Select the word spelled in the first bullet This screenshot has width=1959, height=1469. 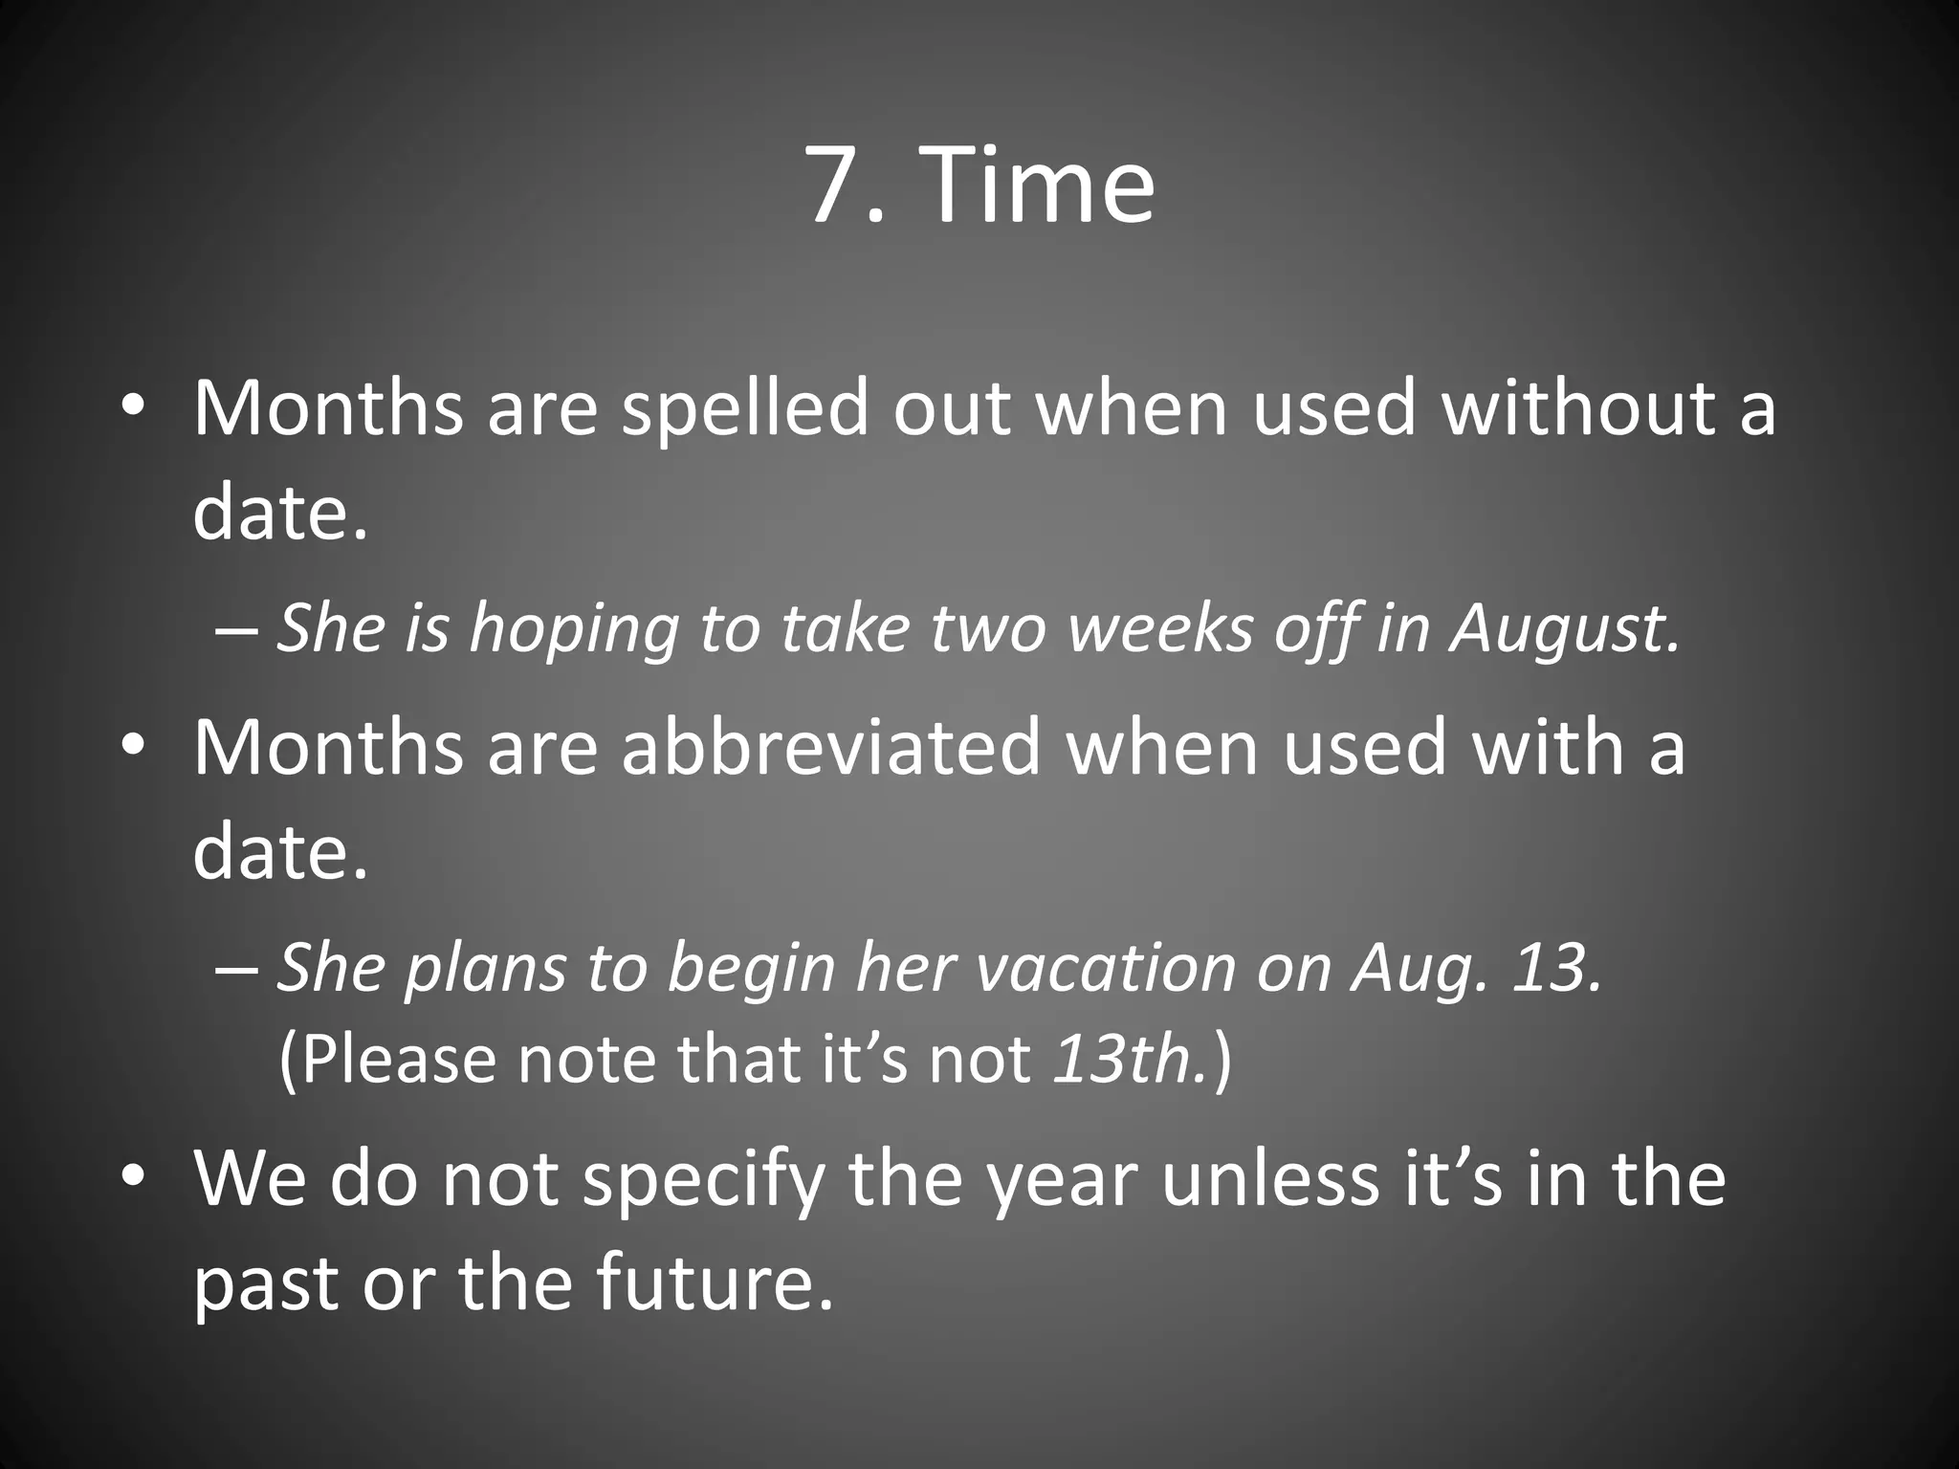click(745, 409)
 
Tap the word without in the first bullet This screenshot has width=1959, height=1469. click(1578, 409)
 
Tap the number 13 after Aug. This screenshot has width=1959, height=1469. click(1555, 968)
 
